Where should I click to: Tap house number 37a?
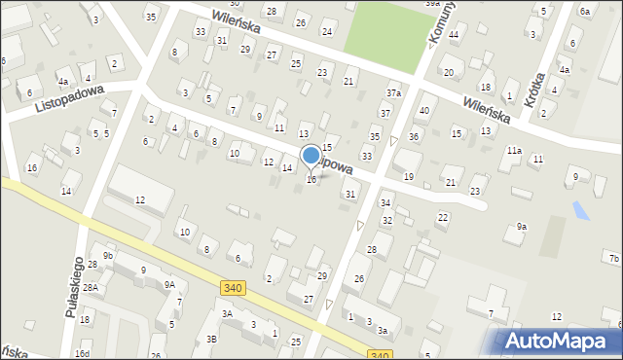point(393,93)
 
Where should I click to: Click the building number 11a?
point(513,151)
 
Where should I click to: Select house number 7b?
point(613,258)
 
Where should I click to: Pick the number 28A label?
point(91,288)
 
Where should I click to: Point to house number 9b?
point(109,256)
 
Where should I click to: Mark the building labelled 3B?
point(211,339)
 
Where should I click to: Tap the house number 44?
point(454,34)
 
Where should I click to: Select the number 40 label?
point(423,110)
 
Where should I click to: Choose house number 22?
point(443,217)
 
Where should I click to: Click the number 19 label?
point(409,176)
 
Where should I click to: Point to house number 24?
point(327,32)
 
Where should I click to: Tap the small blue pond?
point(582,209)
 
